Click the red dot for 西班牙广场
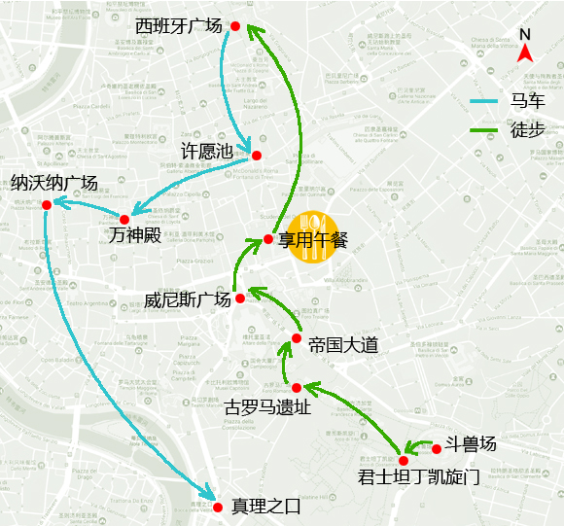tap(234, 26)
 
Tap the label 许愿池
tap(208, 152)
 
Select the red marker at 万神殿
tap(124, 220)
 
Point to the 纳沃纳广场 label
tap(54, 183)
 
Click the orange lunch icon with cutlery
tap(311, 236)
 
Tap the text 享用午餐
tap(313, 239)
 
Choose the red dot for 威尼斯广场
tap(240, 298)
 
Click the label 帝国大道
tap(342, 345)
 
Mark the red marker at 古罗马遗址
tap(297, 388)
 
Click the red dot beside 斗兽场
tap(437, 448)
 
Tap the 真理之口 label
tap(266, 507)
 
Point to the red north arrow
tap(525, 55)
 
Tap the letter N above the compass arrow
tap(525, 33)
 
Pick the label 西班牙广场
tap(179, 25)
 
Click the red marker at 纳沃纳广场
tap(46, 203)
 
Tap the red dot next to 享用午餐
tap(268, 239)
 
